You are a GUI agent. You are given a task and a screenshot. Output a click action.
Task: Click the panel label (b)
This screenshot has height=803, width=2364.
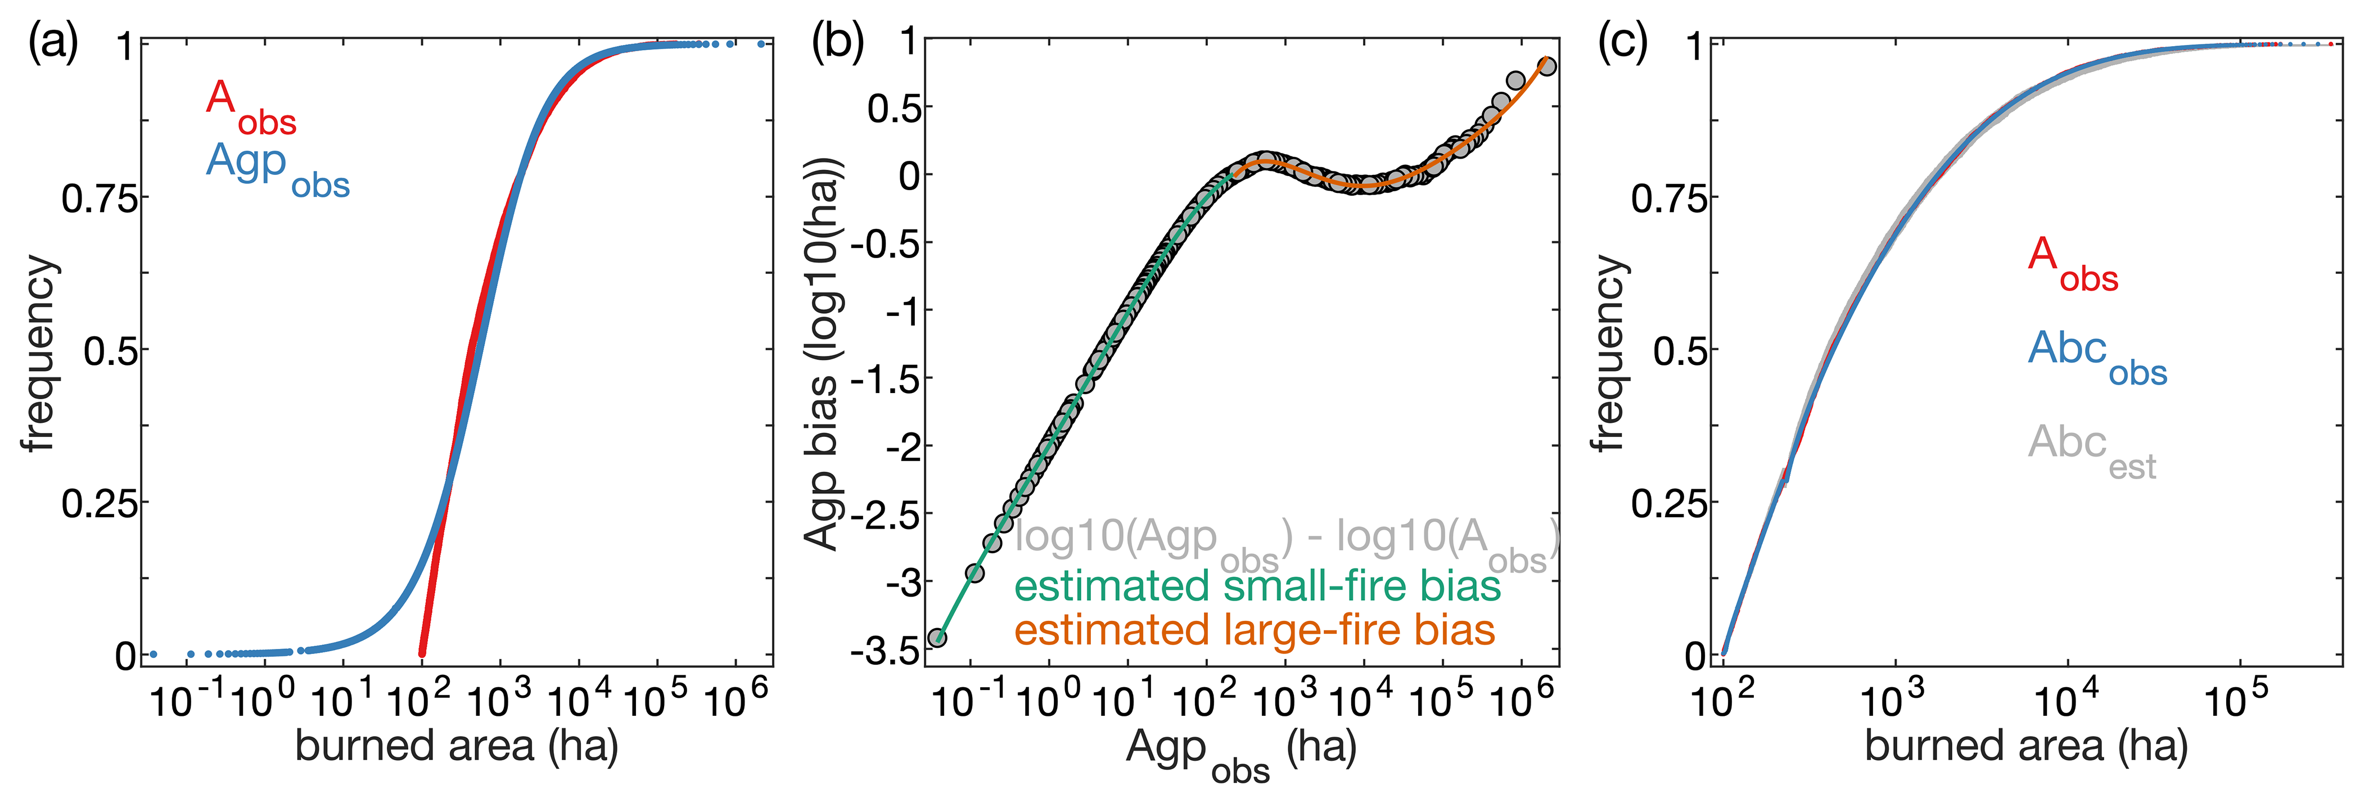click(837, 44)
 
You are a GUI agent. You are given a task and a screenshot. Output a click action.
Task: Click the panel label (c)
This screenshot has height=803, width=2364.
click(1622, 44)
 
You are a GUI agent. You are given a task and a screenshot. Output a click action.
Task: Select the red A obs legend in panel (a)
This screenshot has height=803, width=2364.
click(250, 106)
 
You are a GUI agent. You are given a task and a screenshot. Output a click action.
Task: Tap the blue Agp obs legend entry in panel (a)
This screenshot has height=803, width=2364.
click(277, 168)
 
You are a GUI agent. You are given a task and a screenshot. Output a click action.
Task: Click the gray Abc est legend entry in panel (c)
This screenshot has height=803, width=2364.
click(2091, 450)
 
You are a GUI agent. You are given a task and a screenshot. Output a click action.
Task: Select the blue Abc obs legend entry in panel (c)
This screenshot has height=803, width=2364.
click(2097, 356)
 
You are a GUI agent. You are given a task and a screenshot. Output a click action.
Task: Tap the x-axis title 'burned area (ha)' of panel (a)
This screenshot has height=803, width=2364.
click(456, 745)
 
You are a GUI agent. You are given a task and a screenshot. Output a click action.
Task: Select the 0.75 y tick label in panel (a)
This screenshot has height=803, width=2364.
click(99, 199)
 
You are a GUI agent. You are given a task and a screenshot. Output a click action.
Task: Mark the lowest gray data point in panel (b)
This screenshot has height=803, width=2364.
click(937, 638)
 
